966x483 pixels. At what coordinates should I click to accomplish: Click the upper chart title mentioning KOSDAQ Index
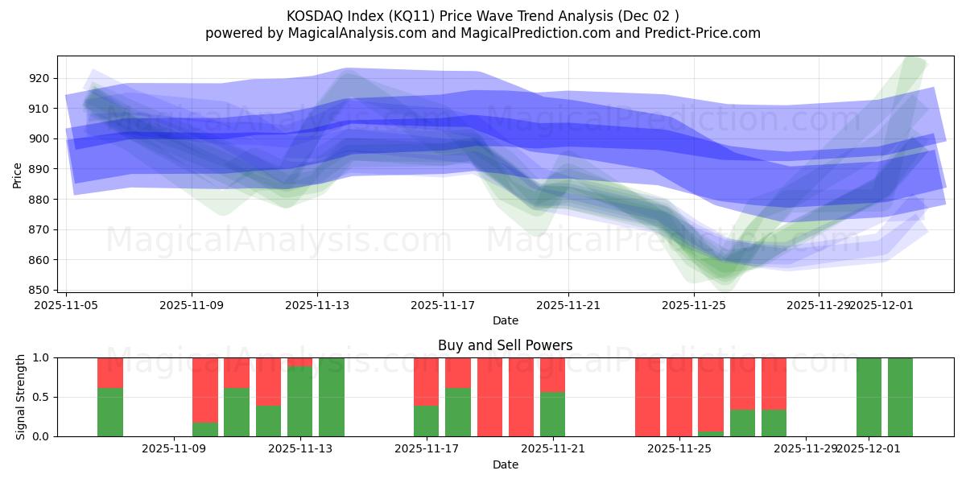(482, 16)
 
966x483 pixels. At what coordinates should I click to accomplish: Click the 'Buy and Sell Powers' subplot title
(505, 345)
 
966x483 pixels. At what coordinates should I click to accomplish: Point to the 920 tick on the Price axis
(39, 78)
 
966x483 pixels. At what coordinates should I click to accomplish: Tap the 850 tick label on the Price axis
(39, 290)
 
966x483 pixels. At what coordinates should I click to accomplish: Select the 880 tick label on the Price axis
(39, 200)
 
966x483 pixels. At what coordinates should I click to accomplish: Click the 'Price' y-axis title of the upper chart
(18, 174)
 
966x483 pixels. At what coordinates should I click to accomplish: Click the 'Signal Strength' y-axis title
(21, 397)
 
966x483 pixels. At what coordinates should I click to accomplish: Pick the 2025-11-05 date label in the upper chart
(66, 305)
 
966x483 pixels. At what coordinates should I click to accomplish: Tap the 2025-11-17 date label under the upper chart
(442, 305)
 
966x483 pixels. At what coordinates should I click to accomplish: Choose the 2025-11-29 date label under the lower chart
(805, 449)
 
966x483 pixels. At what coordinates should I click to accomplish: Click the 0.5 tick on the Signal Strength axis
(40, 397)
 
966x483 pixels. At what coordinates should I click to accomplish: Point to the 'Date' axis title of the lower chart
(505, 464)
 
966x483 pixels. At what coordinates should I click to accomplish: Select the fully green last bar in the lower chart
(900, 397)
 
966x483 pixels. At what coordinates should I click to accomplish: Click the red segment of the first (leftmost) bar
(110, 373)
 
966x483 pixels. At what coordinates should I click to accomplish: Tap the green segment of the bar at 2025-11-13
(300, 402)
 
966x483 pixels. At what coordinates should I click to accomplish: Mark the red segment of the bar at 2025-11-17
(427, 382)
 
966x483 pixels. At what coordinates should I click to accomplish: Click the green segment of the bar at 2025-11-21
(553, 414)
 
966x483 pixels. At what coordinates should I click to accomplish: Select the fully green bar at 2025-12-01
(869, 397)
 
